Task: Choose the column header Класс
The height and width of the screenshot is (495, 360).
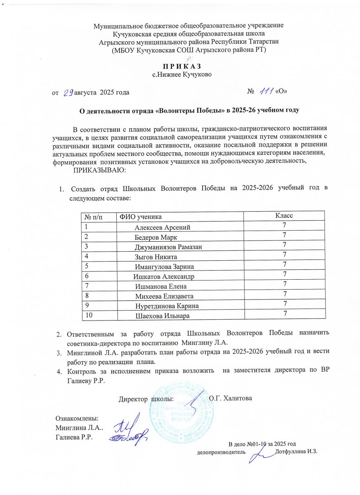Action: click(x=284, y=216)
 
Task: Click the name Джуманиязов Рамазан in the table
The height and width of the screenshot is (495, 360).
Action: click(x=170, y=247)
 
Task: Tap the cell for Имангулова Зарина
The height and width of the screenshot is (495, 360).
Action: click(x=164, y=266)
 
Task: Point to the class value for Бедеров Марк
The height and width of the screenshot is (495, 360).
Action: click(x=284, y=235)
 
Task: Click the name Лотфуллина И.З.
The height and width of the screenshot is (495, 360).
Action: click(x=296, y=452)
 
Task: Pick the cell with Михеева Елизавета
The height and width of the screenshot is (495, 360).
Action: click(x=164, y=296)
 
